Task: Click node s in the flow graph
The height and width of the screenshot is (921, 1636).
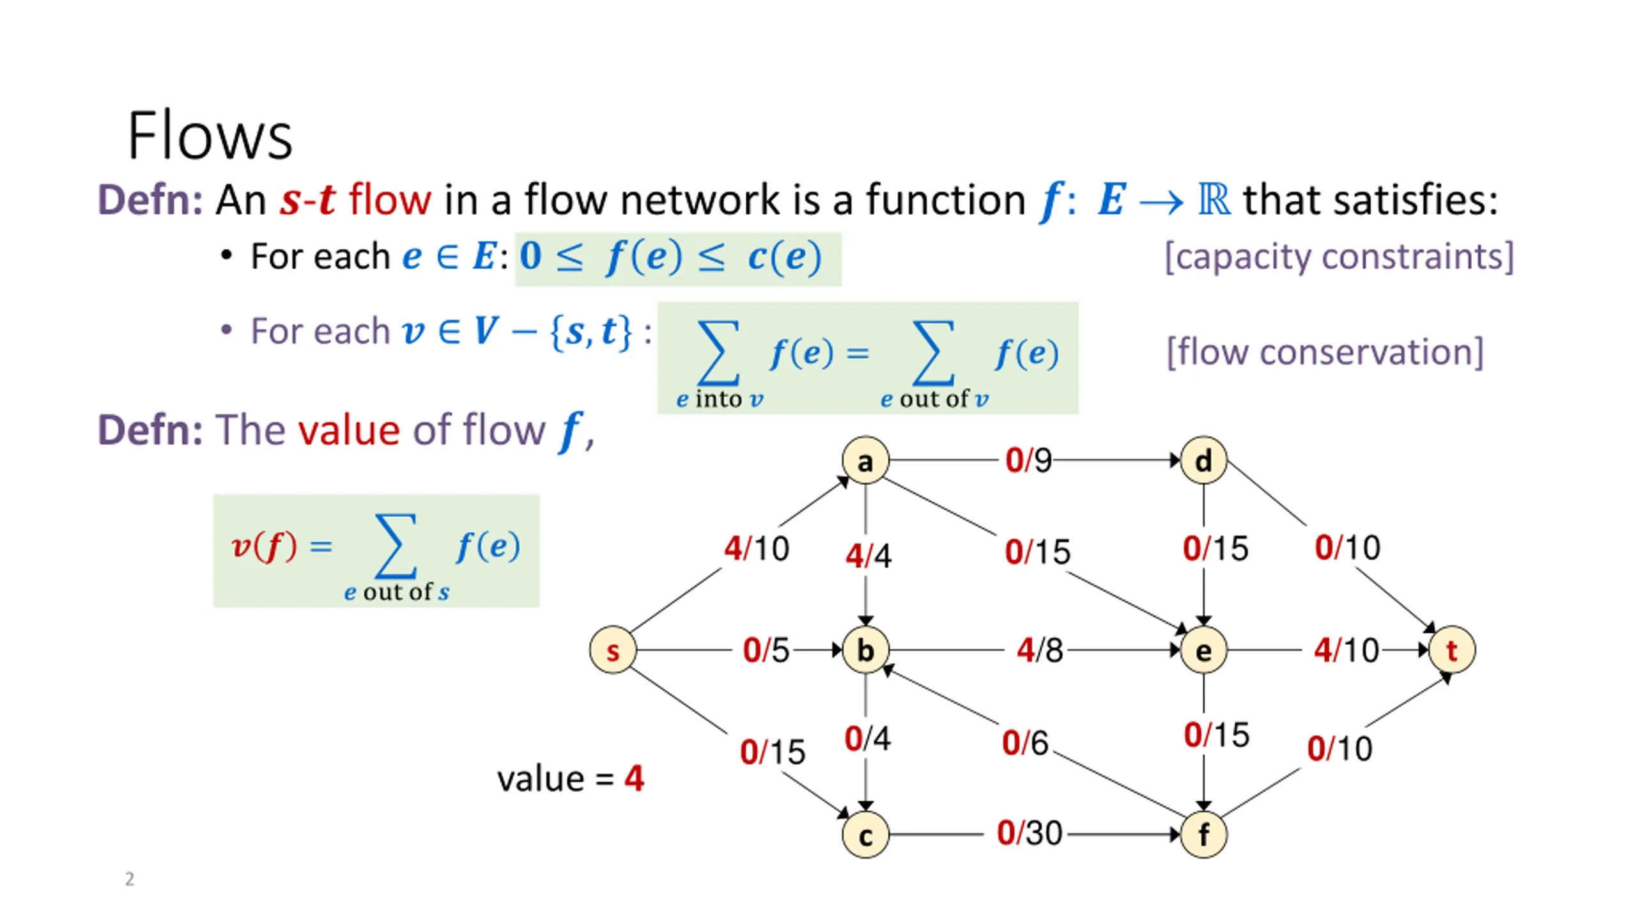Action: [x=612, y=650]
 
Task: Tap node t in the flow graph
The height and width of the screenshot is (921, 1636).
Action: [x=1452, y=650]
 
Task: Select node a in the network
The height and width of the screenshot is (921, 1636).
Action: [x=865, y=460]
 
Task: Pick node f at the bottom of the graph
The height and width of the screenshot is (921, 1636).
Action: [x=1203, y=834]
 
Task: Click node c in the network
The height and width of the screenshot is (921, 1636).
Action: [x=865, y=834]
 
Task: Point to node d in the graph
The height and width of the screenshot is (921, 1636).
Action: [x=1203, y=460]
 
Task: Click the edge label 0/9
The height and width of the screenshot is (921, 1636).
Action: [x=1028, y=460]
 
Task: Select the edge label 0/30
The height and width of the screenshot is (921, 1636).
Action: [x=1030, y=833]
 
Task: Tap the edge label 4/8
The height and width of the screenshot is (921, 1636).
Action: [x=1040, y=650]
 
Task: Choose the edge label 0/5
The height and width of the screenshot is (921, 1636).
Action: [x=766, y=650]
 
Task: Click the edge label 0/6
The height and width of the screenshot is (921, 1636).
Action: [x=1025, y=743]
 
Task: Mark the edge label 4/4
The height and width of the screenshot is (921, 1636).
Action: [x=868, y=555]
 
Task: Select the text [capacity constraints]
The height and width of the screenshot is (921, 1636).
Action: [x=1339, y=257]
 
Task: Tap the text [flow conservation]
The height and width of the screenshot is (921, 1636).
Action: [x=1325, y=352]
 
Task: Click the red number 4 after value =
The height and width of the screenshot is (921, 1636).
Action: [x=634, y=778]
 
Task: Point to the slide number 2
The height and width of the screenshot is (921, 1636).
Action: [x=130, y=879]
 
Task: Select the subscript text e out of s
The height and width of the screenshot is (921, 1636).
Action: [x=396, y=592]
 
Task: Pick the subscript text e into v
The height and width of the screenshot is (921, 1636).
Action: [x=720, y=399]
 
